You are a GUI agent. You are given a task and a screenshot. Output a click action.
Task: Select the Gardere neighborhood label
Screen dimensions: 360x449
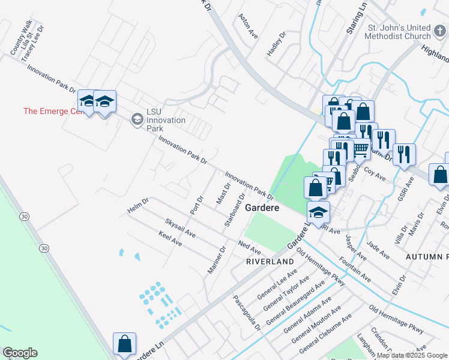262,208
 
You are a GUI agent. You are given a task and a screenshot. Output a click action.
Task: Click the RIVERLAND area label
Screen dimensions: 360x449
270,262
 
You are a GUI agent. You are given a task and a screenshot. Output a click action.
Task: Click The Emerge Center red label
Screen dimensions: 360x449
50,111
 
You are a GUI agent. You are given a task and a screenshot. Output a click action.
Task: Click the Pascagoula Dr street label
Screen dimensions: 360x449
248,312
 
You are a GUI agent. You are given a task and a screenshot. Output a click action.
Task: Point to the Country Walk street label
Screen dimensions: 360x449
21,38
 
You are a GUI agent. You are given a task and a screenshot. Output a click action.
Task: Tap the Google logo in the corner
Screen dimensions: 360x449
20,353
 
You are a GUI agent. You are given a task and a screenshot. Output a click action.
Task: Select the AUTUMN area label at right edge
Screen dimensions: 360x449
427,256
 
